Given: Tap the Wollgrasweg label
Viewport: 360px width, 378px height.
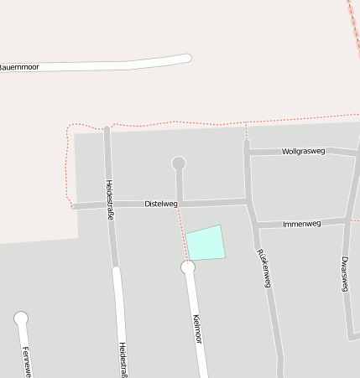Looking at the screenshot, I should (304, 152).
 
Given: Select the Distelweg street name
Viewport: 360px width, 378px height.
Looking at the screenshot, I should (161, 204).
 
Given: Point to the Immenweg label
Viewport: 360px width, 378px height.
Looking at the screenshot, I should (302, 224).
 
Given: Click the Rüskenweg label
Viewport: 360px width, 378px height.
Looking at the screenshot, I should (263, 268).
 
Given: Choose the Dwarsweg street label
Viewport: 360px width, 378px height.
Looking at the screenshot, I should (345, 273).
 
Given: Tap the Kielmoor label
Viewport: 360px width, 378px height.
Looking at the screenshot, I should (198, 329).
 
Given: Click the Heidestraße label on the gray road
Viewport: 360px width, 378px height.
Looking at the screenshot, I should (109, 194).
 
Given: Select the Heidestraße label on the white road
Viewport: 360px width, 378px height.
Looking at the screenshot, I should (123, 359).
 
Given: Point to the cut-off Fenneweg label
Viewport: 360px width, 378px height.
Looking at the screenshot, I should (26, 362).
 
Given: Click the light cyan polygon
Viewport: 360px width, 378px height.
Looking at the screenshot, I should (205, 243).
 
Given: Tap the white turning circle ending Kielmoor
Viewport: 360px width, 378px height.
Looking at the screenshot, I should (188, 267).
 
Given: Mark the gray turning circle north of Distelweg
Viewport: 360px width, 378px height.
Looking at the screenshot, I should (178, 163).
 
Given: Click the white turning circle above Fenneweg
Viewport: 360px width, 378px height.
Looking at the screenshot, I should (21, 318).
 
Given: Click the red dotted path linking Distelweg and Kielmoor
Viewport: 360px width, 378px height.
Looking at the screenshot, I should (182, 235).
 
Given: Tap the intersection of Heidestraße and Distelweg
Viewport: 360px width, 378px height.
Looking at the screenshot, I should (109, 205).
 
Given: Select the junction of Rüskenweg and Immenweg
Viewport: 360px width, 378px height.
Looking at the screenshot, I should (256, 225).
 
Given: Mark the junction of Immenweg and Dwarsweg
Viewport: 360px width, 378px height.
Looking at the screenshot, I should (347, 221).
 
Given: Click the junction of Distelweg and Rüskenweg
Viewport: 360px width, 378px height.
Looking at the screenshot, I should (248, 201).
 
